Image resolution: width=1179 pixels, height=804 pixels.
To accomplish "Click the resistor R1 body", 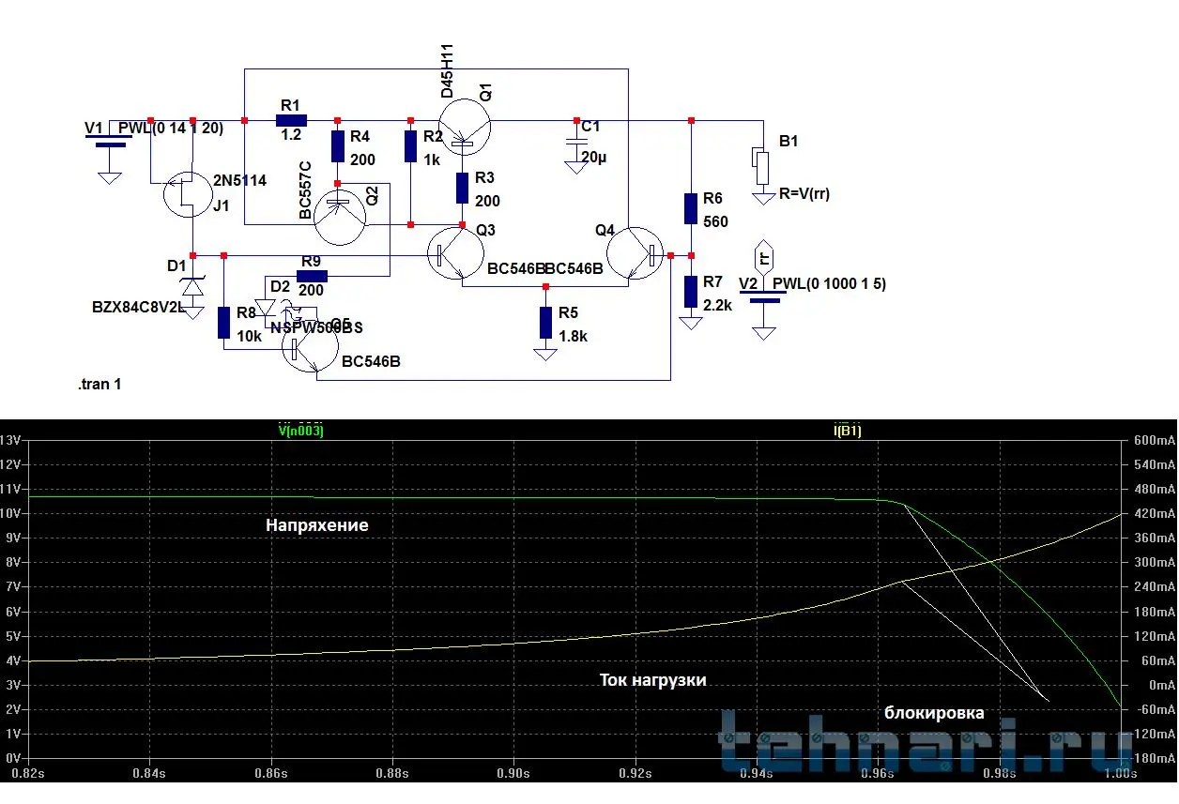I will click(291, 120).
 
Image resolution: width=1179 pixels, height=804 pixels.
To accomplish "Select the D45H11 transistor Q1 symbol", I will click(464, 129).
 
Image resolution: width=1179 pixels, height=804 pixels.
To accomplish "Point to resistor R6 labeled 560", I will click(691, 209).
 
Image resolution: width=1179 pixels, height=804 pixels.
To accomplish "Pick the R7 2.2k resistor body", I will click(691, 292).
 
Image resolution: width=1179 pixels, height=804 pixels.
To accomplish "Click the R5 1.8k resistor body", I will click(545, 322).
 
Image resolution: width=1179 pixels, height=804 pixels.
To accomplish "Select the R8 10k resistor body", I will click(224, 322).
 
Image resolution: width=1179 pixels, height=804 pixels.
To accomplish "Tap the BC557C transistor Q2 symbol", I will click(340, 217).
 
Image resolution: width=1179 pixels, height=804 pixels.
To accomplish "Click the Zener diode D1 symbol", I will click(192, 285).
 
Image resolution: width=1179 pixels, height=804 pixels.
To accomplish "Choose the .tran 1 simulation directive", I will click(100, 385).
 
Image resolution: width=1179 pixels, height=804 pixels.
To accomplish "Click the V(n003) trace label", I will click(300, 431).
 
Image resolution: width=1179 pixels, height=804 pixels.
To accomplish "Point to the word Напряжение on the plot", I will click(316, 525).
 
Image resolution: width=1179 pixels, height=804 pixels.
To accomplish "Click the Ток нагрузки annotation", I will click(652, 680).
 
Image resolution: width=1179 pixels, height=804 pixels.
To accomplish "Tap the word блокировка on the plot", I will click(934, 713).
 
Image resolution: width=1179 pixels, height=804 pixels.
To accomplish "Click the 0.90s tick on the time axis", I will click(513, 774).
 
